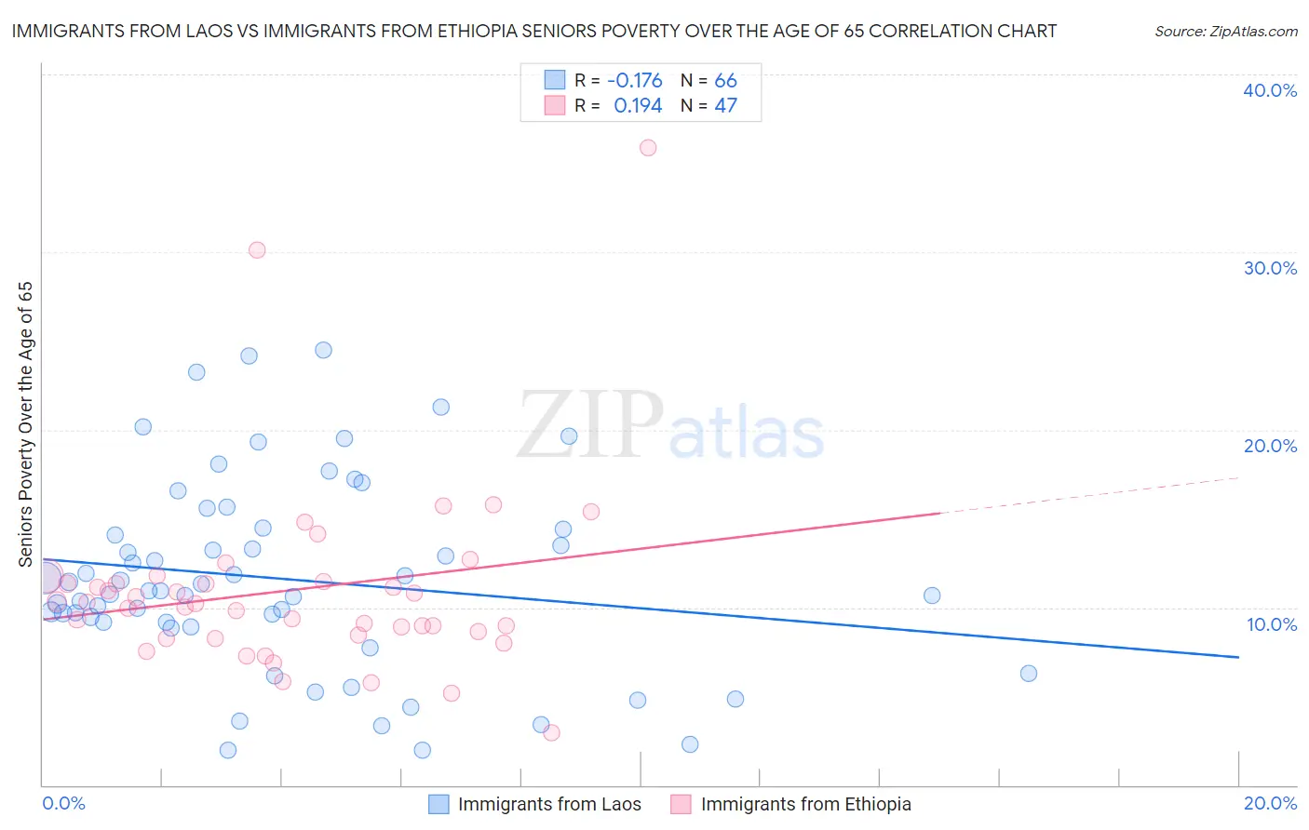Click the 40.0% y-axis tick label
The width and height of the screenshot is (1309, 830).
tap(1270, 90)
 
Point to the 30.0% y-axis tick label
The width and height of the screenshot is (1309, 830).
tap(1270, 268)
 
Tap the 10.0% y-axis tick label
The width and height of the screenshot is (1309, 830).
tap(1272, 624)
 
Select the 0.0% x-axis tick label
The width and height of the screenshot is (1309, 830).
tap(63, 803)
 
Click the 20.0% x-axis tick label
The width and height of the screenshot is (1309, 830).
tap(1270, 803)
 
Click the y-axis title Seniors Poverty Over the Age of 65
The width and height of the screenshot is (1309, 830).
tap(25, 423)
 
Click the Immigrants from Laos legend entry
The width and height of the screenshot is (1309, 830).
tap(534, 804)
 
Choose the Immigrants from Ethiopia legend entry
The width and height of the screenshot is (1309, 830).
tap(790, 804)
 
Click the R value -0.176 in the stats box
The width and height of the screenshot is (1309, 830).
tap(634, 81)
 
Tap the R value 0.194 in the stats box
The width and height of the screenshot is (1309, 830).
tap(638, 106)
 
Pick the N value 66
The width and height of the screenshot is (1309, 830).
tap(725, 81)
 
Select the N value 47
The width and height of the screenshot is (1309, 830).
tap(725, 106)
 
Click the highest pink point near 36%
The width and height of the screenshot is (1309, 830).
tap(648, 148)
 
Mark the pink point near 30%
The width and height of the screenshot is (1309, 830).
tap(257, 250)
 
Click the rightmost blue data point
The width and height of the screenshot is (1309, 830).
tap(1029, 674)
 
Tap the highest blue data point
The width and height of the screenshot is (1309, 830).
tap(323, 350)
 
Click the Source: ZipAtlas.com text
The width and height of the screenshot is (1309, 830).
tap(1225, 32)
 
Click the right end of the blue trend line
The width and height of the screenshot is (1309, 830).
tap(1238, 657)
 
